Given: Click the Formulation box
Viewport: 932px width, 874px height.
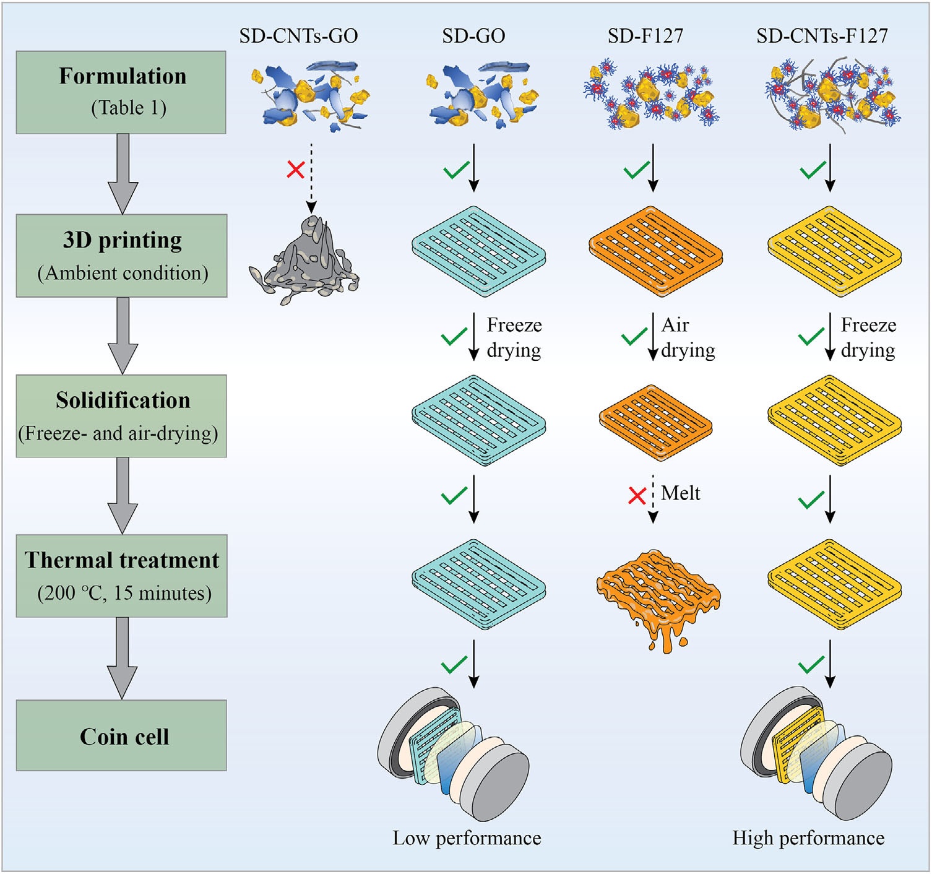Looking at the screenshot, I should point(121,92).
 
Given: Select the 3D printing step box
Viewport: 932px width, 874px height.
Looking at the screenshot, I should point(122,256).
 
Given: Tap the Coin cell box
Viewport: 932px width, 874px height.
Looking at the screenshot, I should point(122,735).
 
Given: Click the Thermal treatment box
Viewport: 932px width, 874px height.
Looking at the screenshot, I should point(122,576).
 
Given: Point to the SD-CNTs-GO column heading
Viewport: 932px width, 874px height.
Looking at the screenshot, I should point(298,36).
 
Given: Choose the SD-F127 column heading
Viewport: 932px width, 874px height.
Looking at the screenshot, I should point(645,36).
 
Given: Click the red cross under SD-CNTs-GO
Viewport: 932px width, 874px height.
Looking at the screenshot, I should point(296,169).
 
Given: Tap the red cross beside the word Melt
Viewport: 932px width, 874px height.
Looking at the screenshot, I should point(637,495).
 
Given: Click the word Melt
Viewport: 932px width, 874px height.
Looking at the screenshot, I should point(680,493).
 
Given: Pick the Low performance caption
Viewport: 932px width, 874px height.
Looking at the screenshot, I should point(467,838).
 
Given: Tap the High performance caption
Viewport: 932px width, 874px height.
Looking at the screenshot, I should point(808,838).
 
